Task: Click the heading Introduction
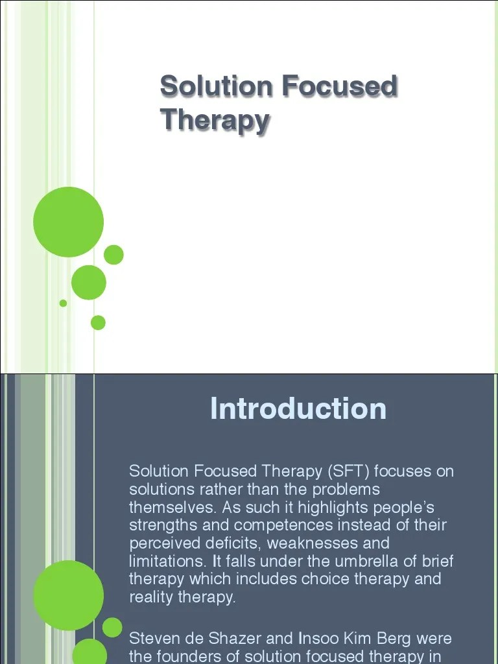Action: click(x=298, y=409)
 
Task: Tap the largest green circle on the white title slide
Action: click(x=68, y=221)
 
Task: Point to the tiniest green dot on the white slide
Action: click(x=63, y=303)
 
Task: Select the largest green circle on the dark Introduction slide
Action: click(x=68, y=595)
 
